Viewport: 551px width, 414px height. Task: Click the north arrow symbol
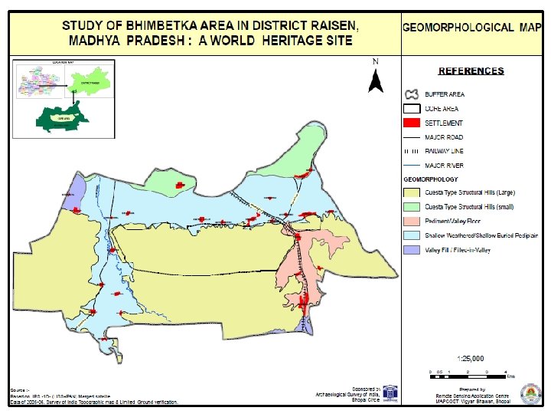375,78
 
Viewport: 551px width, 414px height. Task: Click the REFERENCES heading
471,71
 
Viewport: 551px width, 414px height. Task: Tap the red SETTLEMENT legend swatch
412,123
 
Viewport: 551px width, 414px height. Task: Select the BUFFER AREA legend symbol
412,94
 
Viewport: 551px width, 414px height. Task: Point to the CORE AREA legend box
412,109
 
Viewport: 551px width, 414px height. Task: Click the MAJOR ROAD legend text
445,137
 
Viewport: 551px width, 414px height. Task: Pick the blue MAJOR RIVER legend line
412,165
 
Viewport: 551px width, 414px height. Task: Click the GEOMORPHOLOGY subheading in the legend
430,179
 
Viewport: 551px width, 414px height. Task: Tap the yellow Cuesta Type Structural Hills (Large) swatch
412,192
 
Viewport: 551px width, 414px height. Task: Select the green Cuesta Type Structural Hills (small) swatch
412,207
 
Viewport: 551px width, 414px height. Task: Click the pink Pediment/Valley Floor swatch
412,221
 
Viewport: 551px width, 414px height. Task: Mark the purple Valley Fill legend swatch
412,250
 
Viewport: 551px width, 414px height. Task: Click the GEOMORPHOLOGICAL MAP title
469,28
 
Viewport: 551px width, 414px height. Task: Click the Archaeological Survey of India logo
390,393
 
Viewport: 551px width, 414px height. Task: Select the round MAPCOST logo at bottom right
527,394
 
